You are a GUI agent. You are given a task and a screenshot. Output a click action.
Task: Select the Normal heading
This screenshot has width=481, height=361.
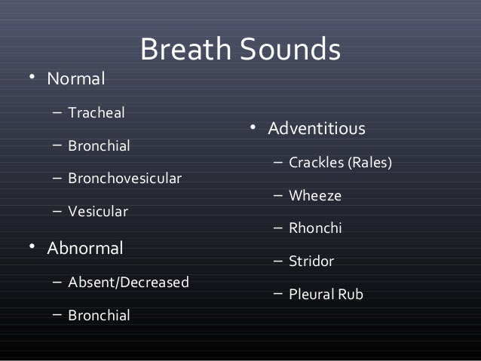pos(76,78)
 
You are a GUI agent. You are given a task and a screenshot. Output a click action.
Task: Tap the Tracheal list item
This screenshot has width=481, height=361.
pos(97,114)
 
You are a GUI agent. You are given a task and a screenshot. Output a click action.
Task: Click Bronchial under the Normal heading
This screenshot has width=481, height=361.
pos(99,146)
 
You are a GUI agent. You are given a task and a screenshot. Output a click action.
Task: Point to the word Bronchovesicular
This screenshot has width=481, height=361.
pos(124,179)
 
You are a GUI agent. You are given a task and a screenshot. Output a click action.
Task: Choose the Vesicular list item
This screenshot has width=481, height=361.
pos(98,212)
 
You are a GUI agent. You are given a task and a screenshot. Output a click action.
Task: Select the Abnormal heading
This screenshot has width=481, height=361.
pos(85,248)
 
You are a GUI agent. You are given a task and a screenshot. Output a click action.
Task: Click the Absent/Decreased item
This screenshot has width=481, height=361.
pos(128,283)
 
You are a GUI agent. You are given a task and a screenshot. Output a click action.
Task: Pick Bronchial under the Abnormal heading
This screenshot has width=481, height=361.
pos(99,315)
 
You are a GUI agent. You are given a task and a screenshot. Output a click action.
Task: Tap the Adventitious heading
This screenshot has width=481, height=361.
pos(317,129)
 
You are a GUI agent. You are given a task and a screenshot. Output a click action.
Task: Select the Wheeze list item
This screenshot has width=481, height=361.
pos(315,196)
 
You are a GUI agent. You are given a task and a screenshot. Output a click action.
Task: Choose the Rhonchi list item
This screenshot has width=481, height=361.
pos(315,228)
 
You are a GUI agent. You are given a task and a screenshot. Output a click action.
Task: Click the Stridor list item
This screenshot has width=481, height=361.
pos(311,262)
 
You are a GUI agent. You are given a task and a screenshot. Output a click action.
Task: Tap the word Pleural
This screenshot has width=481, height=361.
pos(312,294)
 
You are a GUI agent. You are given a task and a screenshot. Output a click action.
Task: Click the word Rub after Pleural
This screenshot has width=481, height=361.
pos(351,294)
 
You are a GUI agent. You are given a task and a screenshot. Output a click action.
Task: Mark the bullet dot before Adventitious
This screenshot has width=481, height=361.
pos(255,128)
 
